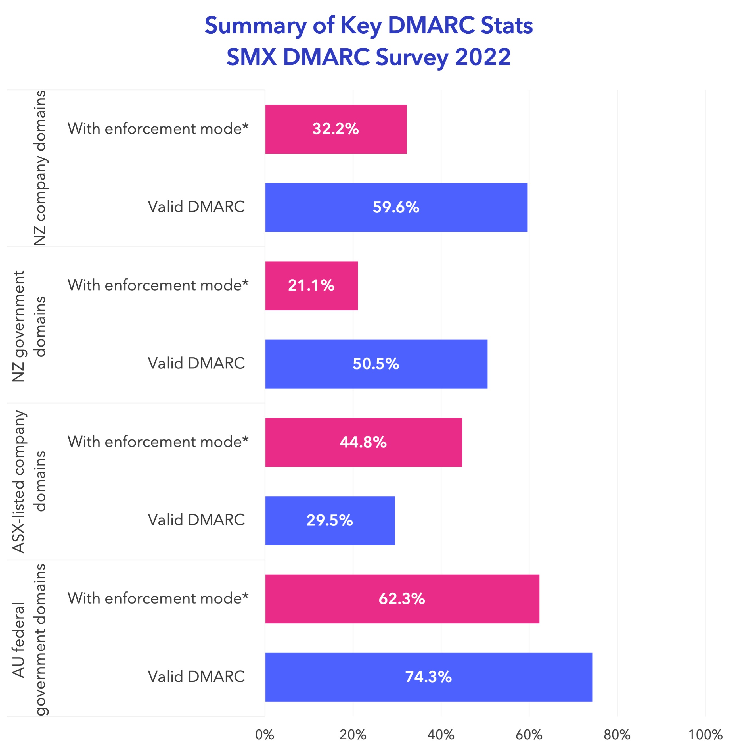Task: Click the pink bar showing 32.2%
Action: point(336,129)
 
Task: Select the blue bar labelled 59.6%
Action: point(396,207)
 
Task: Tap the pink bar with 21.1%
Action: point(311,286)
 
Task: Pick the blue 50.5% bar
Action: point(376,364)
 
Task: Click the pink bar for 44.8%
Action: point(363,442)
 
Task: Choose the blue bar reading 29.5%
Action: point(330,520)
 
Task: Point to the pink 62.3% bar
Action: point(402,599)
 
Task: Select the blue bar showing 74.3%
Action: point(428,677)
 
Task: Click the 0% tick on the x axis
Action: point(265,735)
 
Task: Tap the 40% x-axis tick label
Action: point(441,735)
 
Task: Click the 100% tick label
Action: point(705,735)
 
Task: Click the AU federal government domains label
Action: point(29,639)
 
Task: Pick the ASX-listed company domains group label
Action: point(29,481)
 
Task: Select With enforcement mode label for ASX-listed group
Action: point(158,442)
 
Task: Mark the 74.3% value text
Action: point(428,677)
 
